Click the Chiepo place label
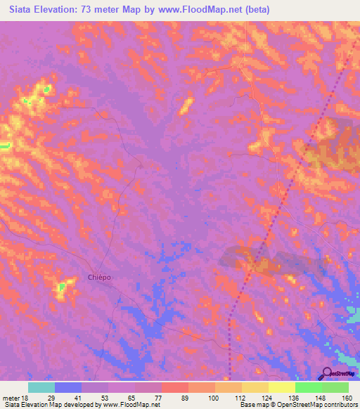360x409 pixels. (x=99, y=277)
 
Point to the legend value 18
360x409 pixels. (x=29, y=397)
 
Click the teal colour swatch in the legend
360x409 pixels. (x=41, y=387)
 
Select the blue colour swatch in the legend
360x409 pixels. (x=68, y=387)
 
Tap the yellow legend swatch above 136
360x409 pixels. (x=281, y=387)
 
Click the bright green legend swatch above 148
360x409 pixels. (x=308, y=387)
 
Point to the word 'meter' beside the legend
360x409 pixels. (x=12, y=397)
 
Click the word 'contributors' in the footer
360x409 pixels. (x=340, y=405)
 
